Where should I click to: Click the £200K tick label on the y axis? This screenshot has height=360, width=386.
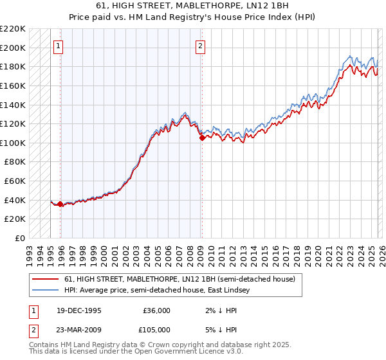(13, 48)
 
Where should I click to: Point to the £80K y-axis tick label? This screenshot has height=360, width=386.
(15, 162)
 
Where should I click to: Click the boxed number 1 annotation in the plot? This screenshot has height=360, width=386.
(59, 46)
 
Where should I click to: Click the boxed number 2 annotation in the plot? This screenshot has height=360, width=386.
(201, 46)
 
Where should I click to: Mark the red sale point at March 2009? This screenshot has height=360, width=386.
(201, 137)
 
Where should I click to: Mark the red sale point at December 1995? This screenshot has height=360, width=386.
(60, 204)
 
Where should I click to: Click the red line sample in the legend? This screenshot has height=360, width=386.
(44, 280)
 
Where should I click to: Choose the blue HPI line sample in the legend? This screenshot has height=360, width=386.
(44, 291)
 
